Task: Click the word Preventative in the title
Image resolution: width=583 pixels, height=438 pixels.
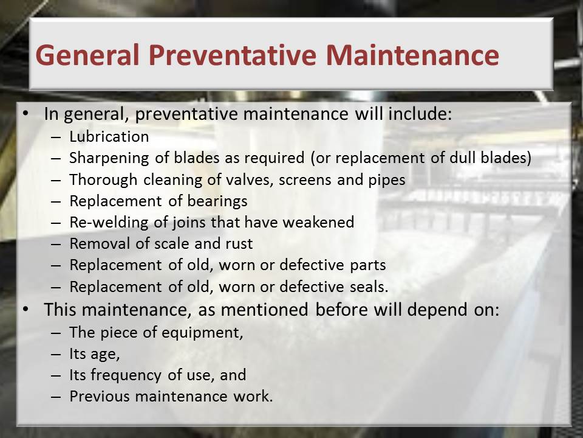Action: (233, 55)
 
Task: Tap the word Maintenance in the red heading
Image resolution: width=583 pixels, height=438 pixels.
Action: (412, 55)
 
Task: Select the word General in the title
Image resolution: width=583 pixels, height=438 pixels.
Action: (87, 55)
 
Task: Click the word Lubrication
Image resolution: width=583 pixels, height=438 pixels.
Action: (109, 137)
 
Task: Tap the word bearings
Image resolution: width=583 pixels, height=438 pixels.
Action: (217, 201)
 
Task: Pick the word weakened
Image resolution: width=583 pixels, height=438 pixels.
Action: (318, 223)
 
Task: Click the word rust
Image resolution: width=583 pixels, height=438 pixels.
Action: (239, 244)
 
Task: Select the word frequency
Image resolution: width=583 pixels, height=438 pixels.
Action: (126, 375)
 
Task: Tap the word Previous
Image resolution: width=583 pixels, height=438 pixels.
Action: (99, 396)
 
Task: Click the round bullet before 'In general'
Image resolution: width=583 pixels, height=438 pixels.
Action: (26, 113)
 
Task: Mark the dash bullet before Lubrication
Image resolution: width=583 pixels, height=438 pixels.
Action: (56, 137)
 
